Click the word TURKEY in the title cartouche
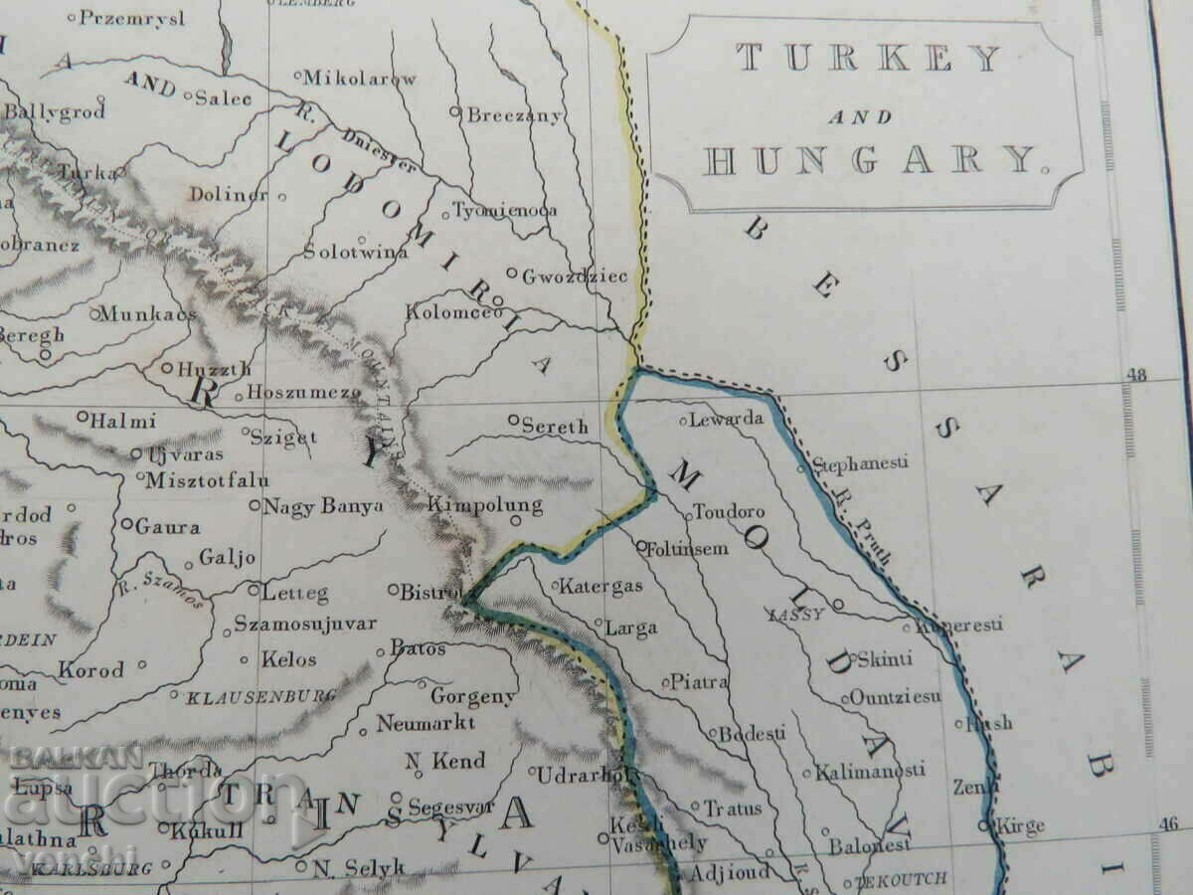[869, 60]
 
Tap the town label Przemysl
[131, 18]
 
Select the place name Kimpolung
[485, 505]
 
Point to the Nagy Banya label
[322, 507]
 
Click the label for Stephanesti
[860, 464]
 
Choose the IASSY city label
[796, 615]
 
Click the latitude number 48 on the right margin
[1138, 376]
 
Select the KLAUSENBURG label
[260, 697]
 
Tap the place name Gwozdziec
[575, 276]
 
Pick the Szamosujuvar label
[305, 625]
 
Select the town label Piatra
[700, 682]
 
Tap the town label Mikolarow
[359, 78]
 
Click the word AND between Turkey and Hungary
[861, 116]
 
